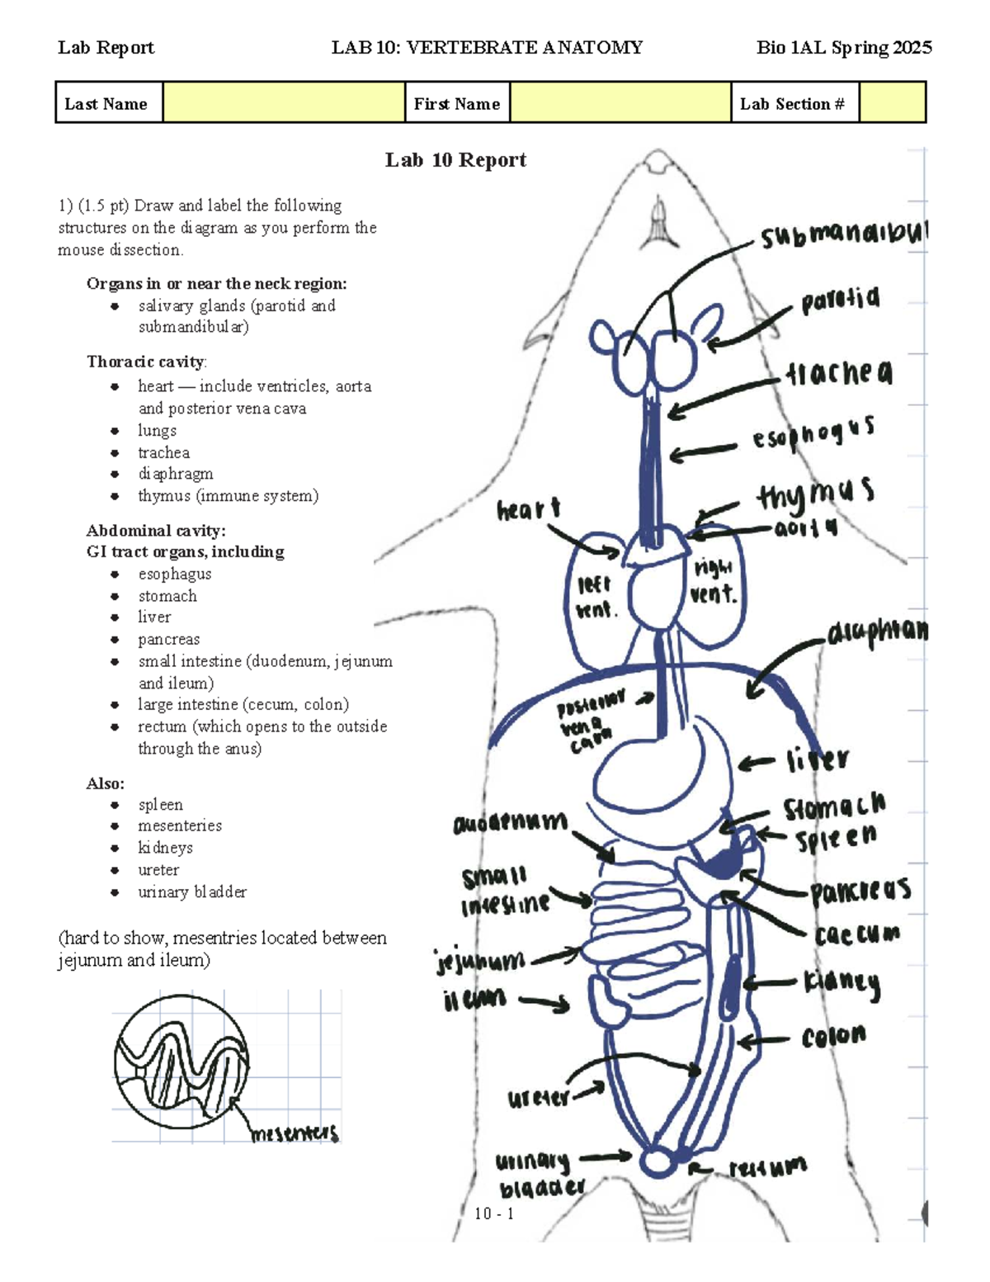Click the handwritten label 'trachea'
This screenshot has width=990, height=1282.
838,374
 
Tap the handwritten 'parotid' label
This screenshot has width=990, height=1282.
840,300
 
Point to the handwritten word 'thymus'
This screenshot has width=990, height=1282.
815,494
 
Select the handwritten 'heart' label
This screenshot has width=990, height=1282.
528,509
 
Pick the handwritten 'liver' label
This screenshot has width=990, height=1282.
817,759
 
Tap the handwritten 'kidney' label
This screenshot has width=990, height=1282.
841,982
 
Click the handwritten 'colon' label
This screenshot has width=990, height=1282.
833,1036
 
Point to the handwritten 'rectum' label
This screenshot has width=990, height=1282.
767,1167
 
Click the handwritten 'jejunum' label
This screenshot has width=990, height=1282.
480,961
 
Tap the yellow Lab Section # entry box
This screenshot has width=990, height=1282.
892,103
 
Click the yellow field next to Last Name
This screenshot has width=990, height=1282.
283,103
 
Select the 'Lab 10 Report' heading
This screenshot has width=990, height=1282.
455,160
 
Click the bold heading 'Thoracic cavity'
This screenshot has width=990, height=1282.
146,362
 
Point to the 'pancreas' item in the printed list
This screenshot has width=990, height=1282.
168,639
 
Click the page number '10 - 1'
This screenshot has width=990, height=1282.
494,1213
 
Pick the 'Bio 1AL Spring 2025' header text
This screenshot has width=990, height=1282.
843,48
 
